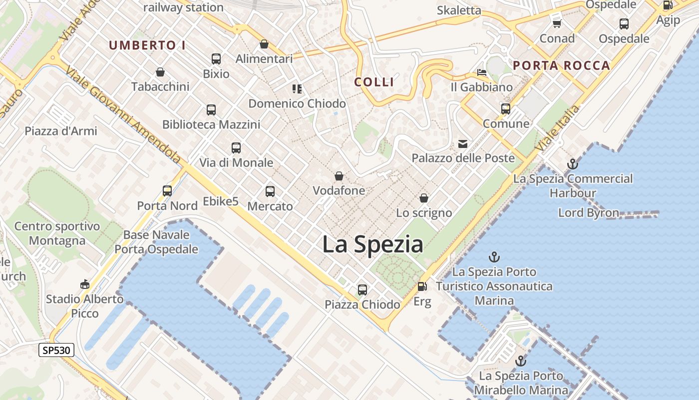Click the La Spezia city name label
pyautogui.click(x=372, y=244)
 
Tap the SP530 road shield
pyautogui.click(x=56, y=350)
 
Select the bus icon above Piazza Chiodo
pyautogui.click(x=362, y=289)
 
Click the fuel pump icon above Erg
pyautogui.click(x=422, y=286)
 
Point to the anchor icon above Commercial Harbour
pyautogui.click(x=573, y=163)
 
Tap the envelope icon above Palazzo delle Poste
pyautogui.click(x=463, y=144)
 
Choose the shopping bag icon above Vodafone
pyautogui.click(x=339, y=176)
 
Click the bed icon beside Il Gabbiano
pyautogui.click(x=482, y=72)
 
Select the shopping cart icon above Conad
pyautogui.click(x=557, y=23)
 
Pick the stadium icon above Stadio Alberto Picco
pyautogui.click(x=84, y=284)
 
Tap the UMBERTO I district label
pyautogui.click(x=147, y=45)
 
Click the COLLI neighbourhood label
pyautogui.click(x=374, y=82)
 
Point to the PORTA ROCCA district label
pyautogui.click(x=562, y=65)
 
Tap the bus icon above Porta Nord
pyautogui.click(x=167, y=190)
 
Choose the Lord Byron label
pyautogui.click(x=589, y=212)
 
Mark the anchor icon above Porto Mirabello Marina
pyautogui.click(x=521, y=360)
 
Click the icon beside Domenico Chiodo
pyautogui.click(x=297, y=89)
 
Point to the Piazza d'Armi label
pyautogui.click(x=61, y=131)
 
